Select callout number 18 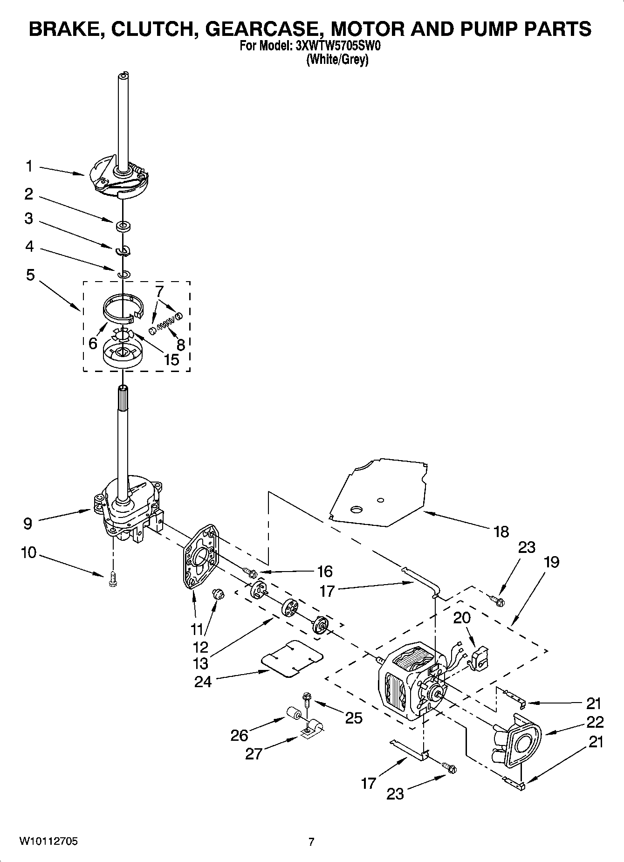pos(501,531)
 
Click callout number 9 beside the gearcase pos(28,524)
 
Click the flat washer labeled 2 pos(123,227)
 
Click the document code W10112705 pos(48,841)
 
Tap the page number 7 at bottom pos(311,842)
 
